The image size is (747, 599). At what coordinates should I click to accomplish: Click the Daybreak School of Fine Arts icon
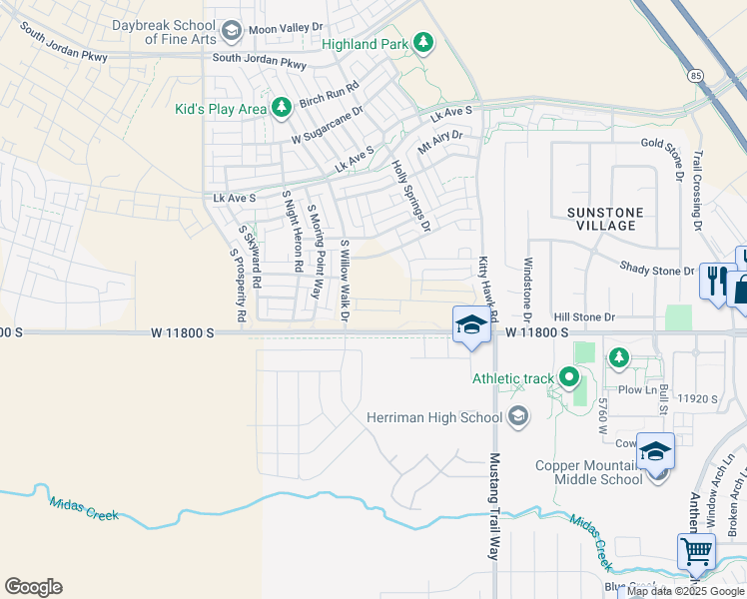point(232,31)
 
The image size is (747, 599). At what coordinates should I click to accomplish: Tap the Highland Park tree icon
point(423,42)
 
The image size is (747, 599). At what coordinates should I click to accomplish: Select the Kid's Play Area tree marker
point(282,107)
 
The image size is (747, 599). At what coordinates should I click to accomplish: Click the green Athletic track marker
point(569,377)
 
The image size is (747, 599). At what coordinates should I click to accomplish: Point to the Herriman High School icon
point(517,416)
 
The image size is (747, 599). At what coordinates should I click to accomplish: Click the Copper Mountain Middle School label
point(588,472)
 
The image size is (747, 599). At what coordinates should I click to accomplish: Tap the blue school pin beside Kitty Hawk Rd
point(471,323)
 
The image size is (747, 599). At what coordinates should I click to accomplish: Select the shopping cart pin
point(696,550)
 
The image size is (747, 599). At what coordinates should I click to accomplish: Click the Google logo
point(33,587)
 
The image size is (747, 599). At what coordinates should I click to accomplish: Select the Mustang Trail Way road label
point(494,506)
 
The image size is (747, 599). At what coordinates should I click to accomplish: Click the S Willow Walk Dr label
point(345,281)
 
